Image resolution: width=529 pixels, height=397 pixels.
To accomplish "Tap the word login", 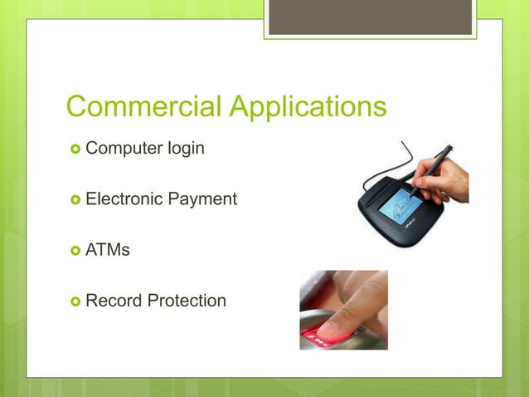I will (x=186, y=150).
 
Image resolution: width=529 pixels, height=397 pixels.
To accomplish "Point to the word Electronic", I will (x=125, y=199).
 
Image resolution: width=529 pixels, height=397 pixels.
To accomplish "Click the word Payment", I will (x=203, y=200).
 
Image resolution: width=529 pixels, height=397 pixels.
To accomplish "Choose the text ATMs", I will (x=108, y=249).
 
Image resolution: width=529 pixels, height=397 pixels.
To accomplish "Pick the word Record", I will (x=114, y=300).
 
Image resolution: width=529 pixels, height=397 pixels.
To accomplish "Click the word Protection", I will (x=186, y=300).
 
